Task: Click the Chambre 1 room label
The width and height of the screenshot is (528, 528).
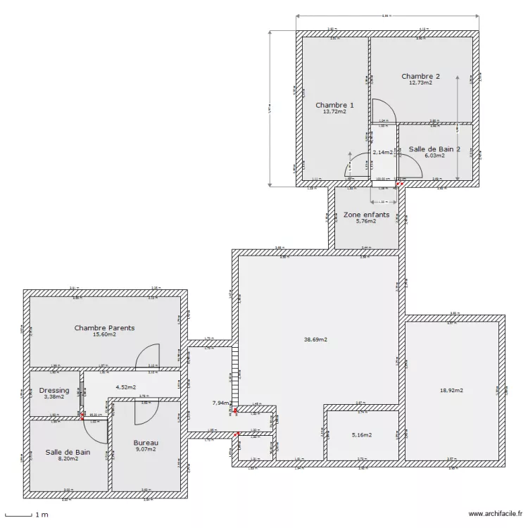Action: click(x=334, y=105)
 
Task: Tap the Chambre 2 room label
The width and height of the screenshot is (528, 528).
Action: click(x=421, y=76)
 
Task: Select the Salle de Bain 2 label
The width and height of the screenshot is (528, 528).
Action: click(x=435, y=149)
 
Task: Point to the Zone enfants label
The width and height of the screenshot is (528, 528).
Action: click(x=366, y=214)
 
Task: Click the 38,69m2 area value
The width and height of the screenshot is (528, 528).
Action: click(x=315, y=339)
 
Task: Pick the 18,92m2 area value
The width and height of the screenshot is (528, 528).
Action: click(x=451, y=390)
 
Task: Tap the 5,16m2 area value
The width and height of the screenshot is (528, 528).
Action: click(x=361, y=435)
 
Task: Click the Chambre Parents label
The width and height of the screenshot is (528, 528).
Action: click(x=104, y=328)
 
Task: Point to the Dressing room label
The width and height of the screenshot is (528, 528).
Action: click(x=54, y=390)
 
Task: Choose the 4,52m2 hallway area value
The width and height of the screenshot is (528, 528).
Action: click(x=125, y=386)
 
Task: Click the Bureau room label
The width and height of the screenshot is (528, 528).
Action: click(x=146, y=443)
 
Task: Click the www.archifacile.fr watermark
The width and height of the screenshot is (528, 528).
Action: click(x=495, y=514)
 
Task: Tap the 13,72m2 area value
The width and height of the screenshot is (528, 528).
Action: click(x=334, y=111)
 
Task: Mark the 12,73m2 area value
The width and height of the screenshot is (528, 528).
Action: click(x=420, y=82)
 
